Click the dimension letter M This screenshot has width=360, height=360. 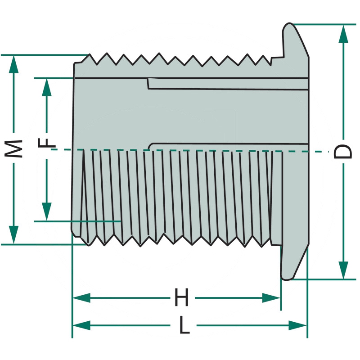(x=14, y=148)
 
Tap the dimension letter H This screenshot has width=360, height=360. (x=181, y=298)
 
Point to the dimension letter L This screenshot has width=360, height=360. (x=184, y=325)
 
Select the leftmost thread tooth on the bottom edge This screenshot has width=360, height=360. (x=90, y=244)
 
